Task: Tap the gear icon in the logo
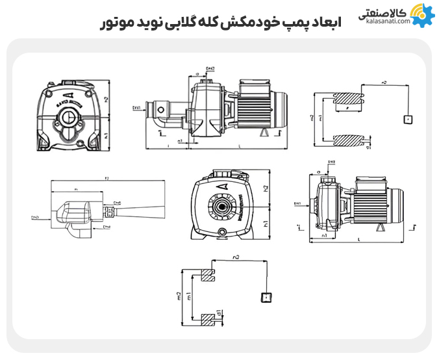(x=420, y=14)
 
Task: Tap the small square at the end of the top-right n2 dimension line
(x=408, y=120)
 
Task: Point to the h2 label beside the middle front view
(x=264, y=188)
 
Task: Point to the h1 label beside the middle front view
(x=264, y=224)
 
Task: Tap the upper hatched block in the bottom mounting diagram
(x=209, y=276)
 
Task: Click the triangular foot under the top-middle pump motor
(x=264, y=132)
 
